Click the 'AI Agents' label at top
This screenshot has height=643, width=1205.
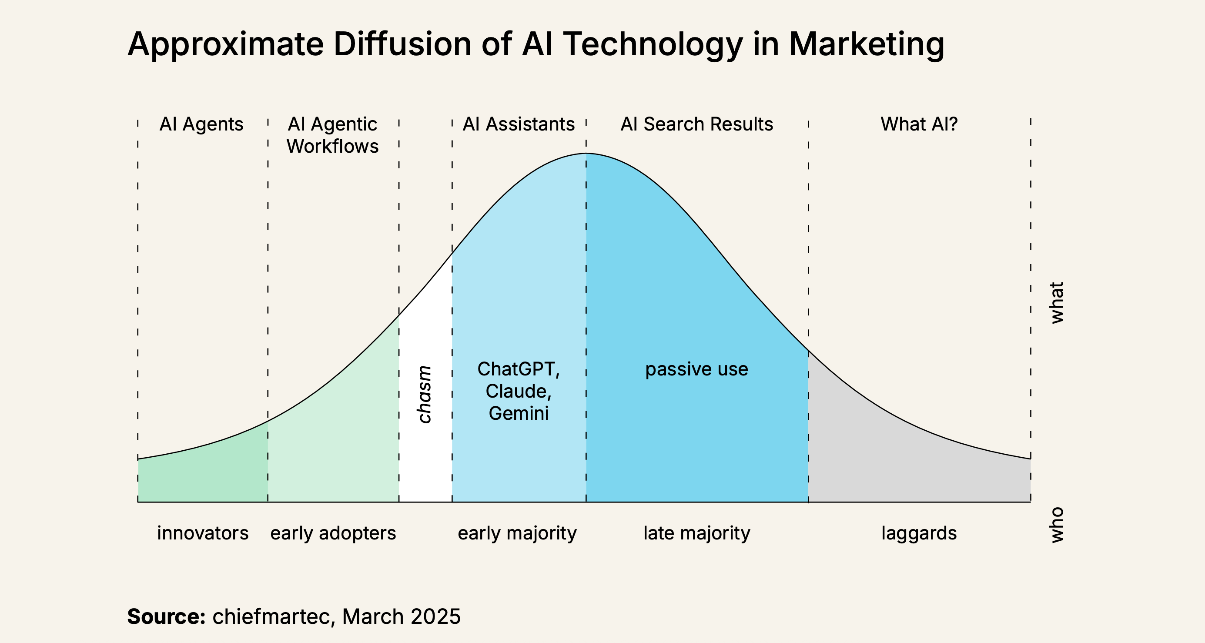click(x=201, y=124)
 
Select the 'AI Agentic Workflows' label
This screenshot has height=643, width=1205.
click(x=333, y=135)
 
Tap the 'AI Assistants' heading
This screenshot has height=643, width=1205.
click(x=518, y=124)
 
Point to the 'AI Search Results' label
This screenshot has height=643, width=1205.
click(x=696, y=124)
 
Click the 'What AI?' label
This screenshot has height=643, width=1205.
click(x=919, y=124)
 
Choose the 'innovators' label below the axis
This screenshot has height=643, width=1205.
click(x=203, y=533)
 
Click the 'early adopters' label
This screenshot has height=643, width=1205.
click(x=333, y=533)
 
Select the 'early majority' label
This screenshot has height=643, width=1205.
click(x=517, y=533)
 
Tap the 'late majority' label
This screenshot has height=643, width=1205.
click(x=696, y=533)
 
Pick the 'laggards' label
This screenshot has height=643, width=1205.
click(x=919, y=533)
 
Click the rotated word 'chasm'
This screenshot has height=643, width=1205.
click(x=424, y=395)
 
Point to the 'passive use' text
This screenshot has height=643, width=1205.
click(x=696, y=369)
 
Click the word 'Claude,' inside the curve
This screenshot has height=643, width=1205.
click(x=518, y=391)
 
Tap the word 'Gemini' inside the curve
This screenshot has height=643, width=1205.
click(x=518, y=413)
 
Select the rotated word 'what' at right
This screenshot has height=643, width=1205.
click(x=1057, y=303)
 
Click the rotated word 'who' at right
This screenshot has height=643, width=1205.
click(x=1057, y=525)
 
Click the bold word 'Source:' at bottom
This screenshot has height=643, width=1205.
click(x=167, y=616)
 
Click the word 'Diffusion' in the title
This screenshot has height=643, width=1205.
click(x=402, y=44)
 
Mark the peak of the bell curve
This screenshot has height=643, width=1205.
click(x=586, y=154)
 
